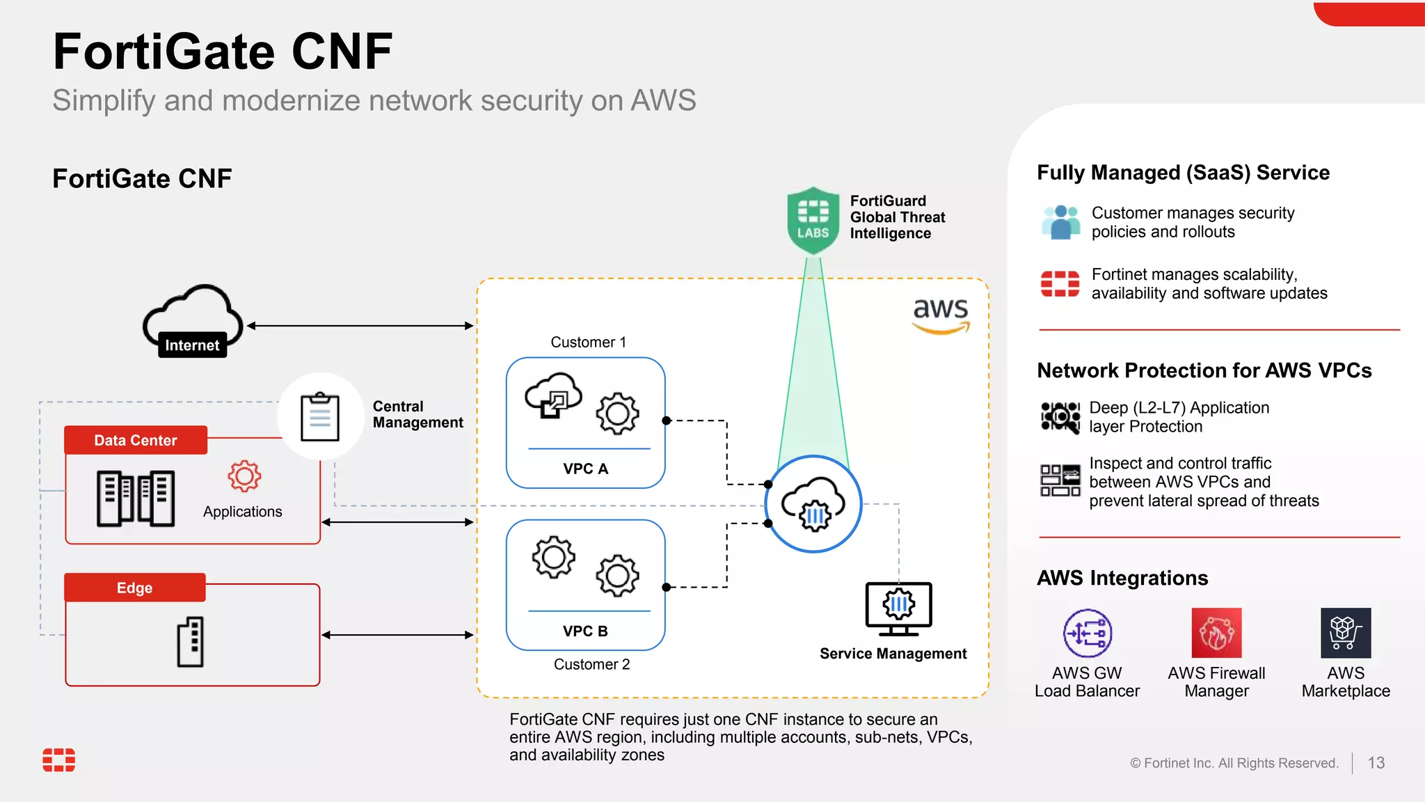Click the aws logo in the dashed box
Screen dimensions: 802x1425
coord(941,315)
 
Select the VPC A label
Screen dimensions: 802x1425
coord(586,469)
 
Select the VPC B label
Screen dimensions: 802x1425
coord(585,631)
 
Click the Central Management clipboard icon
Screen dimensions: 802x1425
coord(320,417)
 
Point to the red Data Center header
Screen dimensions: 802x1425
coord(136,440)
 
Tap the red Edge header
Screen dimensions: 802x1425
coord(135,588)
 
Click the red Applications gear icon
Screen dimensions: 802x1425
coord(244,477)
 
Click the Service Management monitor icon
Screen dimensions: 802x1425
coord(898,608)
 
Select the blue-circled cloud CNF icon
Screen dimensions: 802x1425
coord(813,504)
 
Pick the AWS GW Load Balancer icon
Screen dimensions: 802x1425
coord(1087,633)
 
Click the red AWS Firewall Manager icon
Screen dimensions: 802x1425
coord(1216,633)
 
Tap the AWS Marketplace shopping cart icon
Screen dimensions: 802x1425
coord(1346,633)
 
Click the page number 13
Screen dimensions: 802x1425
coord(1376,763)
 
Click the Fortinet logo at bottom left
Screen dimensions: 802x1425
coord(59,760)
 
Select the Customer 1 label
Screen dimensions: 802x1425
coord(589,343)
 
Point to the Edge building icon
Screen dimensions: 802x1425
coord(191,642)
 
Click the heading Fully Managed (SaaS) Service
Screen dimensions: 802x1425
coord(1183,173)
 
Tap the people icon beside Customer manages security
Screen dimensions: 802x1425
coord(1061,222)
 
